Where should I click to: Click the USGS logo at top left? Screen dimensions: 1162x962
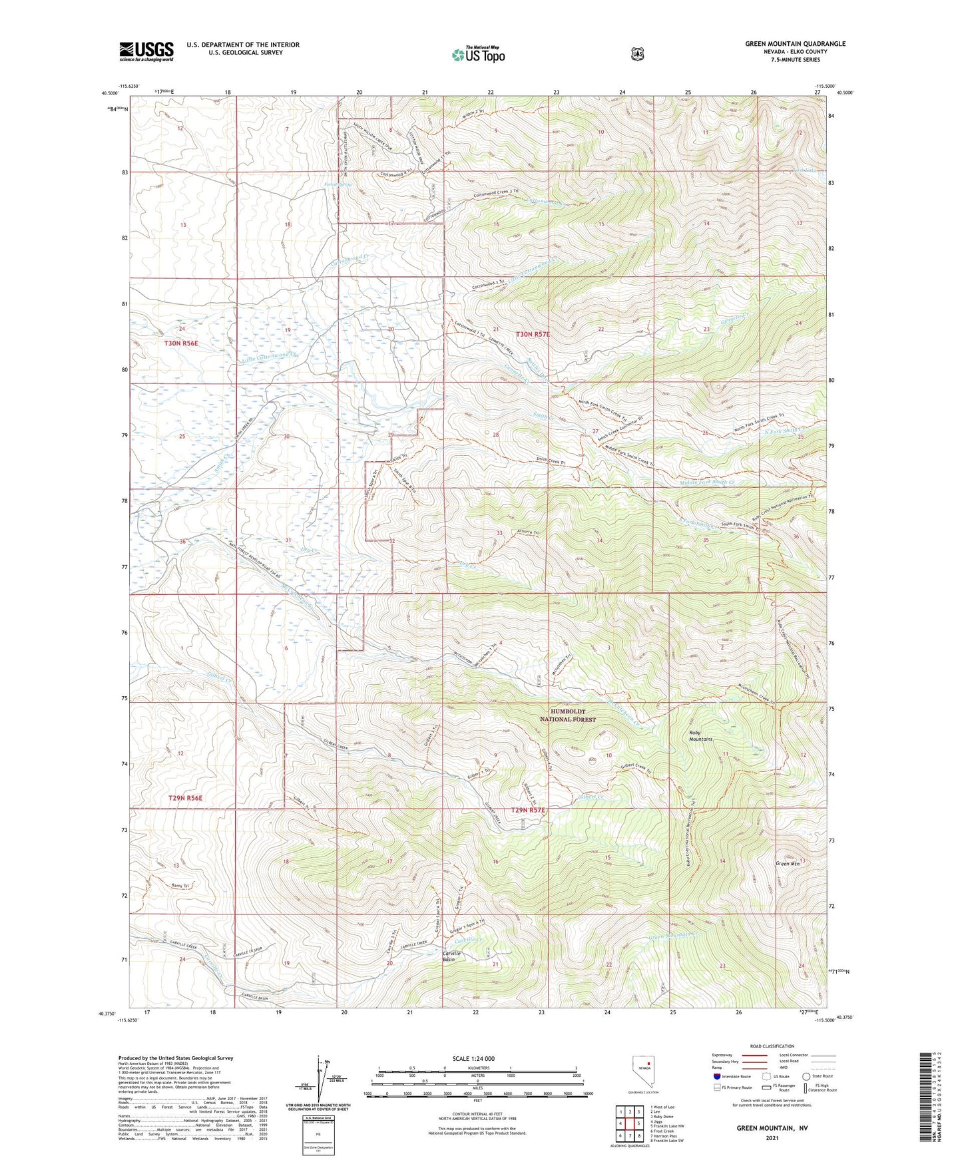[146, 51]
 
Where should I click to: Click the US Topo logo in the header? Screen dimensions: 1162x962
[477, 55]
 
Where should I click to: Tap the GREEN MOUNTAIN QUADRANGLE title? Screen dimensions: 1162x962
[795, 44]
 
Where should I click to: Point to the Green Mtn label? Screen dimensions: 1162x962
[787, 864]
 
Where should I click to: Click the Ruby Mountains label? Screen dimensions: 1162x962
[700, 736]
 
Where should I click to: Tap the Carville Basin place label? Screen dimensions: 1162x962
[453, 956]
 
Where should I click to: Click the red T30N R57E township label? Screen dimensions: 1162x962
[533, 334]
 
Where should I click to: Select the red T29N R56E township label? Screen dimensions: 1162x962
[185, 797]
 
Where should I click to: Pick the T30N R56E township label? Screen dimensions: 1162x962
[181, 343]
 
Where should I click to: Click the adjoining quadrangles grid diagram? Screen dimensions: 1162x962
[629, 1123]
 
